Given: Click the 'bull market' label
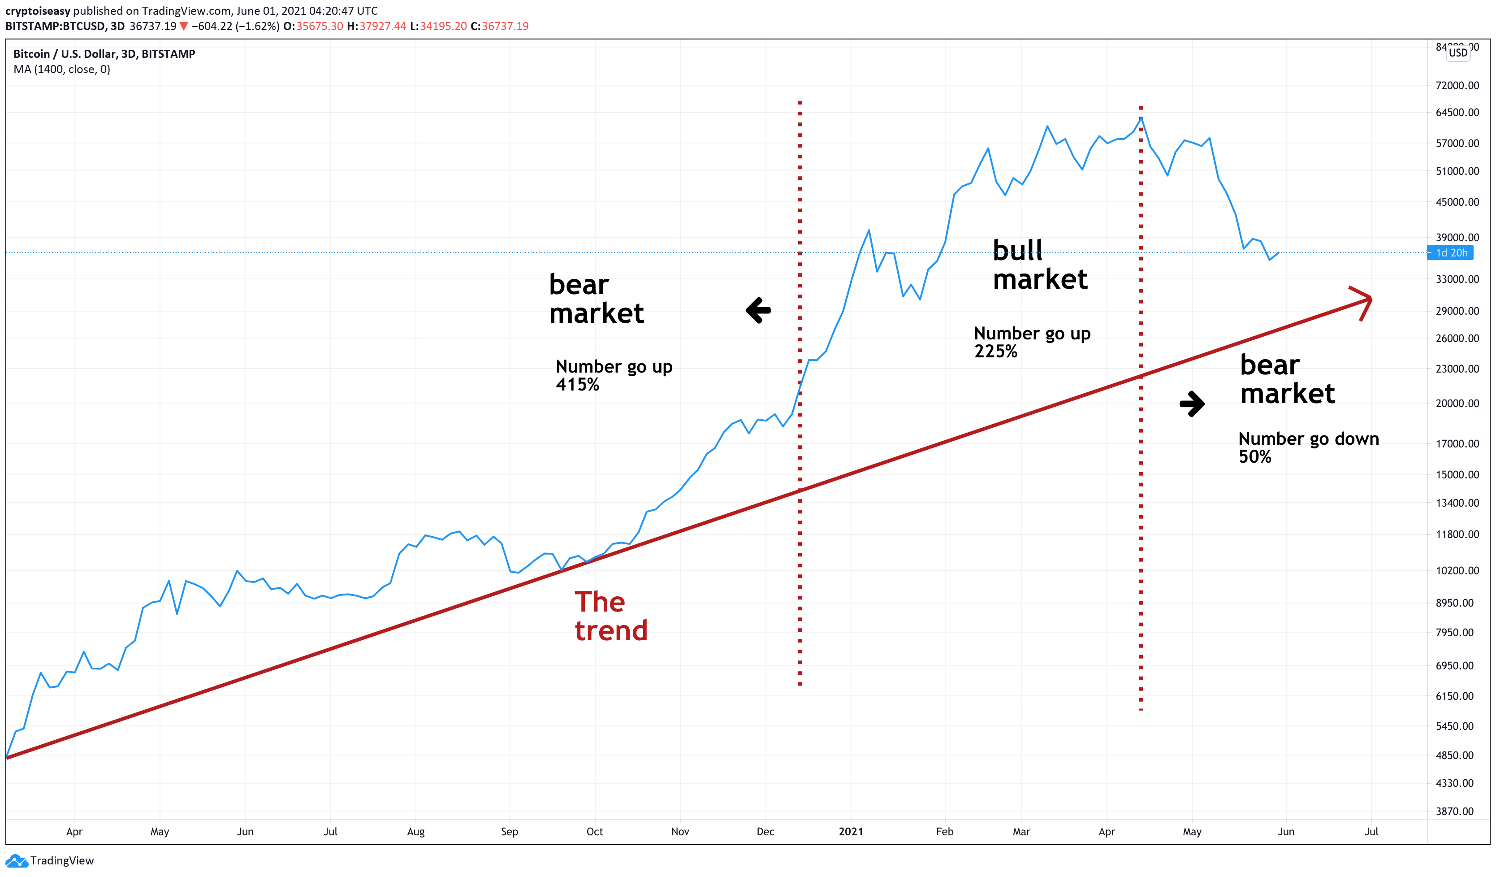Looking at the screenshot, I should coord(1039,265).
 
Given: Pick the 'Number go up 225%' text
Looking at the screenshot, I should coord(1032,342).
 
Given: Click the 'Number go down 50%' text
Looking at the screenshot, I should coord(1308,447).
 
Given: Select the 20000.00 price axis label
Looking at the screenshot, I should coord(1457,403).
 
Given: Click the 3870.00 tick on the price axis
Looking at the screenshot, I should coord(1457,811).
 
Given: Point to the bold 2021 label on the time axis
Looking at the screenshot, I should coord(851,831).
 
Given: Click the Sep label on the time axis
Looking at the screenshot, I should coord(510,831).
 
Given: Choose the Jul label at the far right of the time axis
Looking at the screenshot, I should coord(1371,831).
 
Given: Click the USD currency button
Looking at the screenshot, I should coord(1458,53).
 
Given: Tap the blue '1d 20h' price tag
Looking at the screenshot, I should coord(1450,253).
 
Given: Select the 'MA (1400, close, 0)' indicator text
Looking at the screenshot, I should coord(62,69).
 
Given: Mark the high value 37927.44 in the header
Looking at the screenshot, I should coord(382,26).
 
